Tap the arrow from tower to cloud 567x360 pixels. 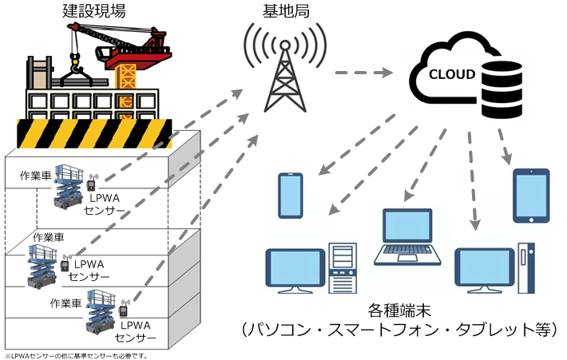click(363, 74)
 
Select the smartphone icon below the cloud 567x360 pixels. click(290, 195)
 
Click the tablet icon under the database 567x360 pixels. click(530, 195)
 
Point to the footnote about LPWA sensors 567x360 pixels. click(77, 355)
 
